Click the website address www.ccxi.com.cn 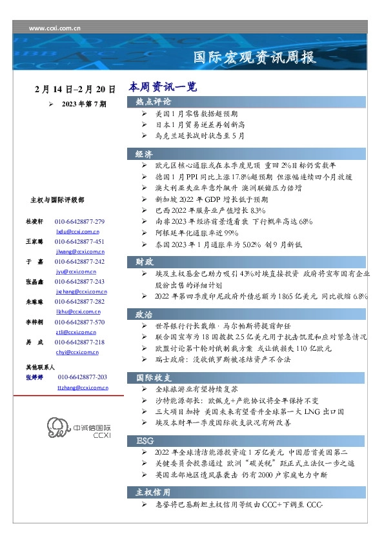(56, 28)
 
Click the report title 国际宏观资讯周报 (255, 58)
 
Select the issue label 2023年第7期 (85, 104)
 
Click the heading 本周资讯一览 (162, 86)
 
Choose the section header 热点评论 (153, 102)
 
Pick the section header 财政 (144, 262)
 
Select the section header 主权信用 (153, 492)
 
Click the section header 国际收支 (153, 377)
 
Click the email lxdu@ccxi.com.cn (77, 230)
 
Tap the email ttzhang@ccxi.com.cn (83, 388)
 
